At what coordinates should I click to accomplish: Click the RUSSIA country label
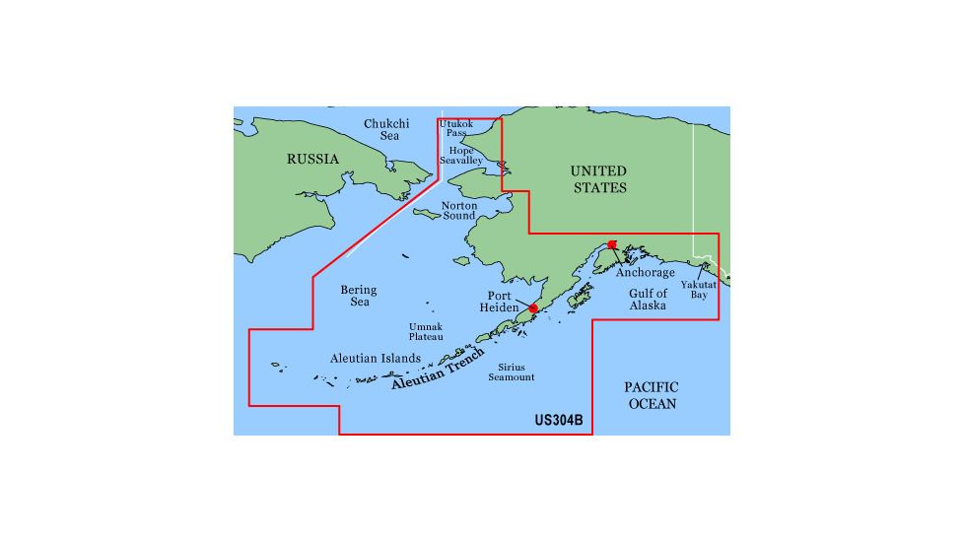click(x=312, y=159)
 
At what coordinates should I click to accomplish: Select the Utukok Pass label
click(x=456, y=128)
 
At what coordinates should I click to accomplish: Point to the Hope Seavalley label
click(x=460, y=155)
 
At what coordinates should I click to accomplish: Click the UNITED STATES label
click(x=598, y=178)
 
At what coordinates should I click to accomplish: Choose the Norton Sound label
click(x=459, y=211)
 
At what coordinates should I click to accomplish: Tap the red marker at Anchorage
click(x=612, y=244)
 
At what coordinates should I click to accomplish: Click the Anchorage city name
click(x=646, y=273)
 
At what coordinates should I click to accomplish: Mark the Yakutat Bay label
click(x=699, y=289)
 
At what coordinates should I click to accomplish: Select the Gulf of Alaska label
click(x=649, y=300)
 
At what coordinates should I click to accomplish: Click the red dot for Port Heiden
click(x=533, y=308)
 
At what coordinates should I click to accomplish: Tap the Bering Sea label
click(x=359, y=296)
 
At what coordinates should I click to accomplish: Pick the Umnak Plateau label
click(x=426, y=332)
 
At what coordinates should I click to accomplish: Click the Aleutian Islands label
click(x=377, y=359)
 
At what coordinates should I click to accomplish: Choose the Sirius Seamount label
click(x=511, y=373)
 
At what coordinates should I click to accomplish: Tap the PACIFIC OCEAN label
click(x=653, y=396)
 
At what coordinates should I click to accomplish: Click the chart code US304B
click(x=559, y=420)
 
